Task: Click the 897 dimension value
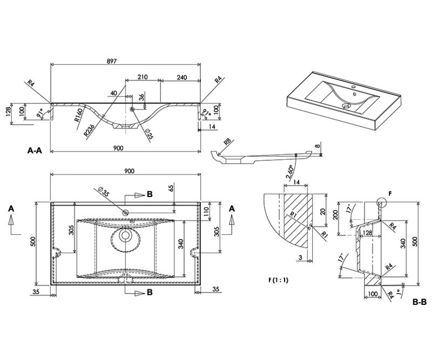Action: [x=112, y=61]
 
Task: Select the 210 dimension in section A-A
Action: [x=143, y=77]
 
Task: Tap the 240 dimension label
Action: [x=182, y=77]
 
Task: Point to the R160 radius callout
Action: [x=79, y=115]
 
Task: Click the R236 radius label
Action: [x=89, y=130]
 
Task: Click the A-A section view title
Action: [x=35, y=150]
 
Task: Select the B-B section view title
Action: [x=420, y=302]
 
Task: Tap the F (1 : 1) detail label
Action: [x=278, y=280]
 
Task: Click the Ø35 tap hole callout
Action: [x=104, y=192]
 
